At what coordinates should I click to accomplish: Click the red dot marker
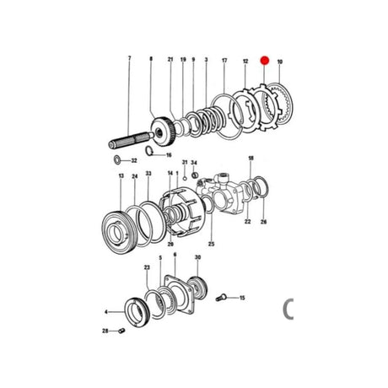click(263, 60)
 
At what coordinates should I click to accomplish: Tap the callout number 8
click(151, 60)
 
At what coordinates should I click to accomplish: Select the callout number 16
click(168, 155)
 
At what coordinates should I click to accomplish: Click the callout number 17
click(224, 61)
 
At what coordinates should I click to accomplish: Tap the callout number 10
click(280, 62)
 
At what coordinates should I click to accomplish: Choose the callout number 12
click(245, 62)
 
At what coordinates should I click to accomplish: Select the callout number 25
click(212, 245)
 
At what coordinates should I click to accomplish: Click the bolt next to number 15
click(224, 296)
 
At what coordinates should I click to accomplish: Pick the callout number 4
click(106, 311)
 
